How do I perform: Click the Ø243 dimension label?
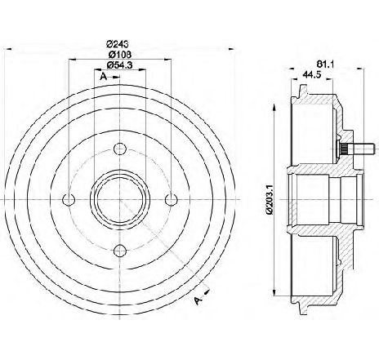point(118,43)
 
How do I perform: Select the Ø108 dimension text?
point(120,55)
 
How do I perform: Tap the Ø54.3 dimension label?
point(120,65)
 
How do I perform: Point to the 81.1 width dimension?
point(325,64)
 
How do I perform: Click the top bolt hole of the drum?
point(120,149)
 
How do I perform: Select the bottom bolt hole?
point(120,251)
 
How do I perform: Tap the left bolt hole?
point(69,200)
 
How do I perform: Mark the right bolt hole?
point(171,200)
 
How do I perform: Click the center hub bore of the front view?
point(120,200)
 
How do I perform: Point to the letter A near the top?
point(103,77)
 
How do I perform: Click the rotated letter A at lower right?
point(198,300)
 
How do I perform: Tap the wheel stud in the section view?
point(358,149)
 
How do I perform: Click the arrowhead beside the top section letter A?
point(116,78)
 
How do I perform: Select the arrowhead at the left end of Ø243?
point(8,49)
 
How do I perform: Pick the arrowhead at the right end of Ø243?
point(231,49)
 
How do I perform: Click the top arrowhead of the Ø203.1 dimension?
point(274,107)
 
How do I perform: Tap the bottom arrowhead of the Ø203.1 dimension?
point(274,292)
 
